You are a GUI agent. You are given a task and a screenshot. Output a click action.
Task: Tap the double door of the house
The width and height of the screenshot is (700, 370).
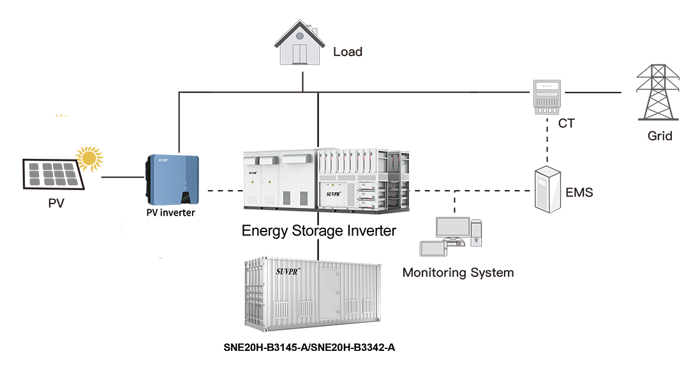300,57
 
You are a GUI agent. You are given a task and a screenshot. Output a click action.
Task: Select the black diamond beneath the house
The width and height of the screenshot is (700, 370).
319,115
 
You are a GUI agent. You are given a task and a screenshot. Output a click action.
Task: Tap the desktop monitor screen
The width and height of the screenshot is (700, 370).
452,227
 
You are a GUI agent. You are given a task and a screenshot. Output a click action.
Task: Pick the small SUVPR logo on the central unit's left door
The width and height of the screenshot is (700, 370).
253,173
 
